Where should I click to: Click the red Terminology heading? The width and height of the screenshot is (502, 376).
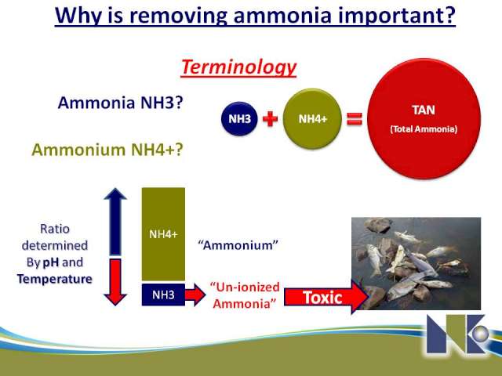coord(238,67)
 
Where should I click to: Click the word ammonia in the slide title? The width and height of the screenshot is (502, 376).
coord(282,15)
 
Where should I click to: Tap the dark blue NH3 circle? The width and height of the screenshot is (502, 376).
coord(239,119)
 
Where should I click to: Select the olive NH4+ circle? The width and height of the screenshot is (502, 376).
coord(312,119)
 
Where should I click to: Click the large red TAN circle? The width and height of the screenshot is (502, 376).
coord(424,118)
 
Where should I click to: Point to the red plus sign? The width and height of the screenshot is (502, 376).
coord(270,119)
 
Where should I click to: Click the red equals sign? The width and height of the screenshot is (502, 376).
coord(355,119)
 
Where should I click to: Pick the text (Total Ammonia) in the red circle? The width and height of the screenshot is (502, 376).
coord(424,129)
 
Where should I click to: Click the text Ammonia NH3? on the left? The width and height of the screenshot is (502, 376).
coord(120,103)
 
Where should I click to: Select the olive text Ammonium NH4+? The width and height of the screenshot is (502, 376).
coord(107,150)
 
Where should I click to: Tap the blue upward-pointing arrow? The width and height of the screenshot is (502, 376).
coord(115,222)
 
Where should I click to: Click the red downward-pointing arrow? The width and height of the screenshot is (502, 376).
coord(115,282)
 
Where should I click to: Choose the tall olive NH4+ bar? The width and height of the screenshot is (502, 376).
coord(163,234)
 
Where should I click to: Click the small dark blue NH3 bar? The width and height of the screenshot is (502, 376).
coord(163,295)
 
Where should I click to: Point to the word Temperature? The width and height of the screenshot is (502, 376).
coord(55,279)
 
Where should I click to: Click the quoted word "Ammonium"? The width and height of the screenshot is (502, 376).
coord(238,245)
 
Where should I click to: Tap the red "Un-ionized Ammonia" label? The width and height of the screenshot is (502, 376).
coord(245,295)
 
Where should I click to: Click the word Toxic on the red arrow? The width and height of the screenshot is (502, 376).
coord(322,298)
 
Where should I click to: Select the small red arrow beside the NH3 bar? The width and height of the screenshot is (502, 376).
coord(195,295)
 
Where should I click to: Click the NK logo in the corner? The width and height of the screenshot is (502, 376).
coord(458,334)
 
